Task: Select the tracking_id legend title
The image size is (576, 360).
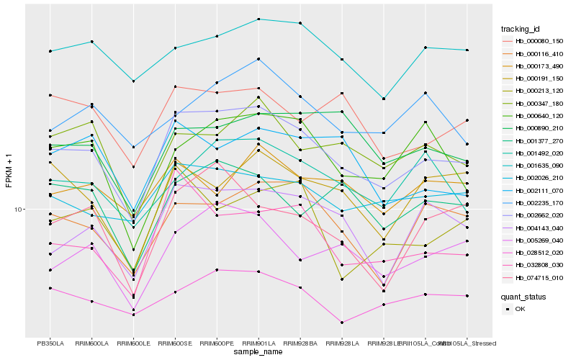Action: [x=522, y=29]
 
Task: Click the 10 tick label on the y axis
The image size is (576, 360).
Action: [x=19, y=210]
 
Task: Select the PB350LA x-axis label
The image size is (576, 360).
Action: [x=50, y=343]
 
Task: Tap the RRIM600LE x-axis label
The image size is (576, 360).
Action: [x=133, y=343]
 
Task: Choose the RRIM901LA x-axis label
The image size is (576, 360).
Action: [x=258, y=343]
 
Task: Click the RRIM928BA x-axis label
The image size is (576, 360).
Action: [x=300, y=343]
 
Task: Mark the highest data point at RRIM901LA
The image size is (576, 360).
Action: [x=258, y=19]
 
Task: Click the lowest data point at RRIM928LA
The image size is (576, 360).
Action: [x=342, y=323]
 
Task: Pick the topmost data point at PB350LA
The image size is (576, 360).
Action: [x=50, y=51]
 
